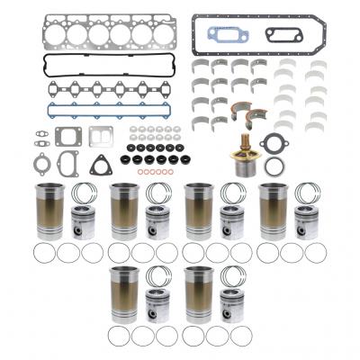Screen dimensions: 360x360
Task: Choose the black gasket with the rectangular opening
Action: (x=282, y=35)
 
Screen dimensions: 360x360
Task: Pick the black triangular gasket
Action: (x=101, y=165)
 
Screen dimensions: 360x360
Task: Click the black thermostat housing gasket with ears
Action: (x=272, y=141)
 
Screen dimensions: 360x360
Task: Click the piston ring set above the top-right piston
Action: (x=310, y=193)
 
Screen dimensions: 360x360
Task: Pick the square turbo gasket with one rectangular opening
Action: (x=69, y=137)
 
